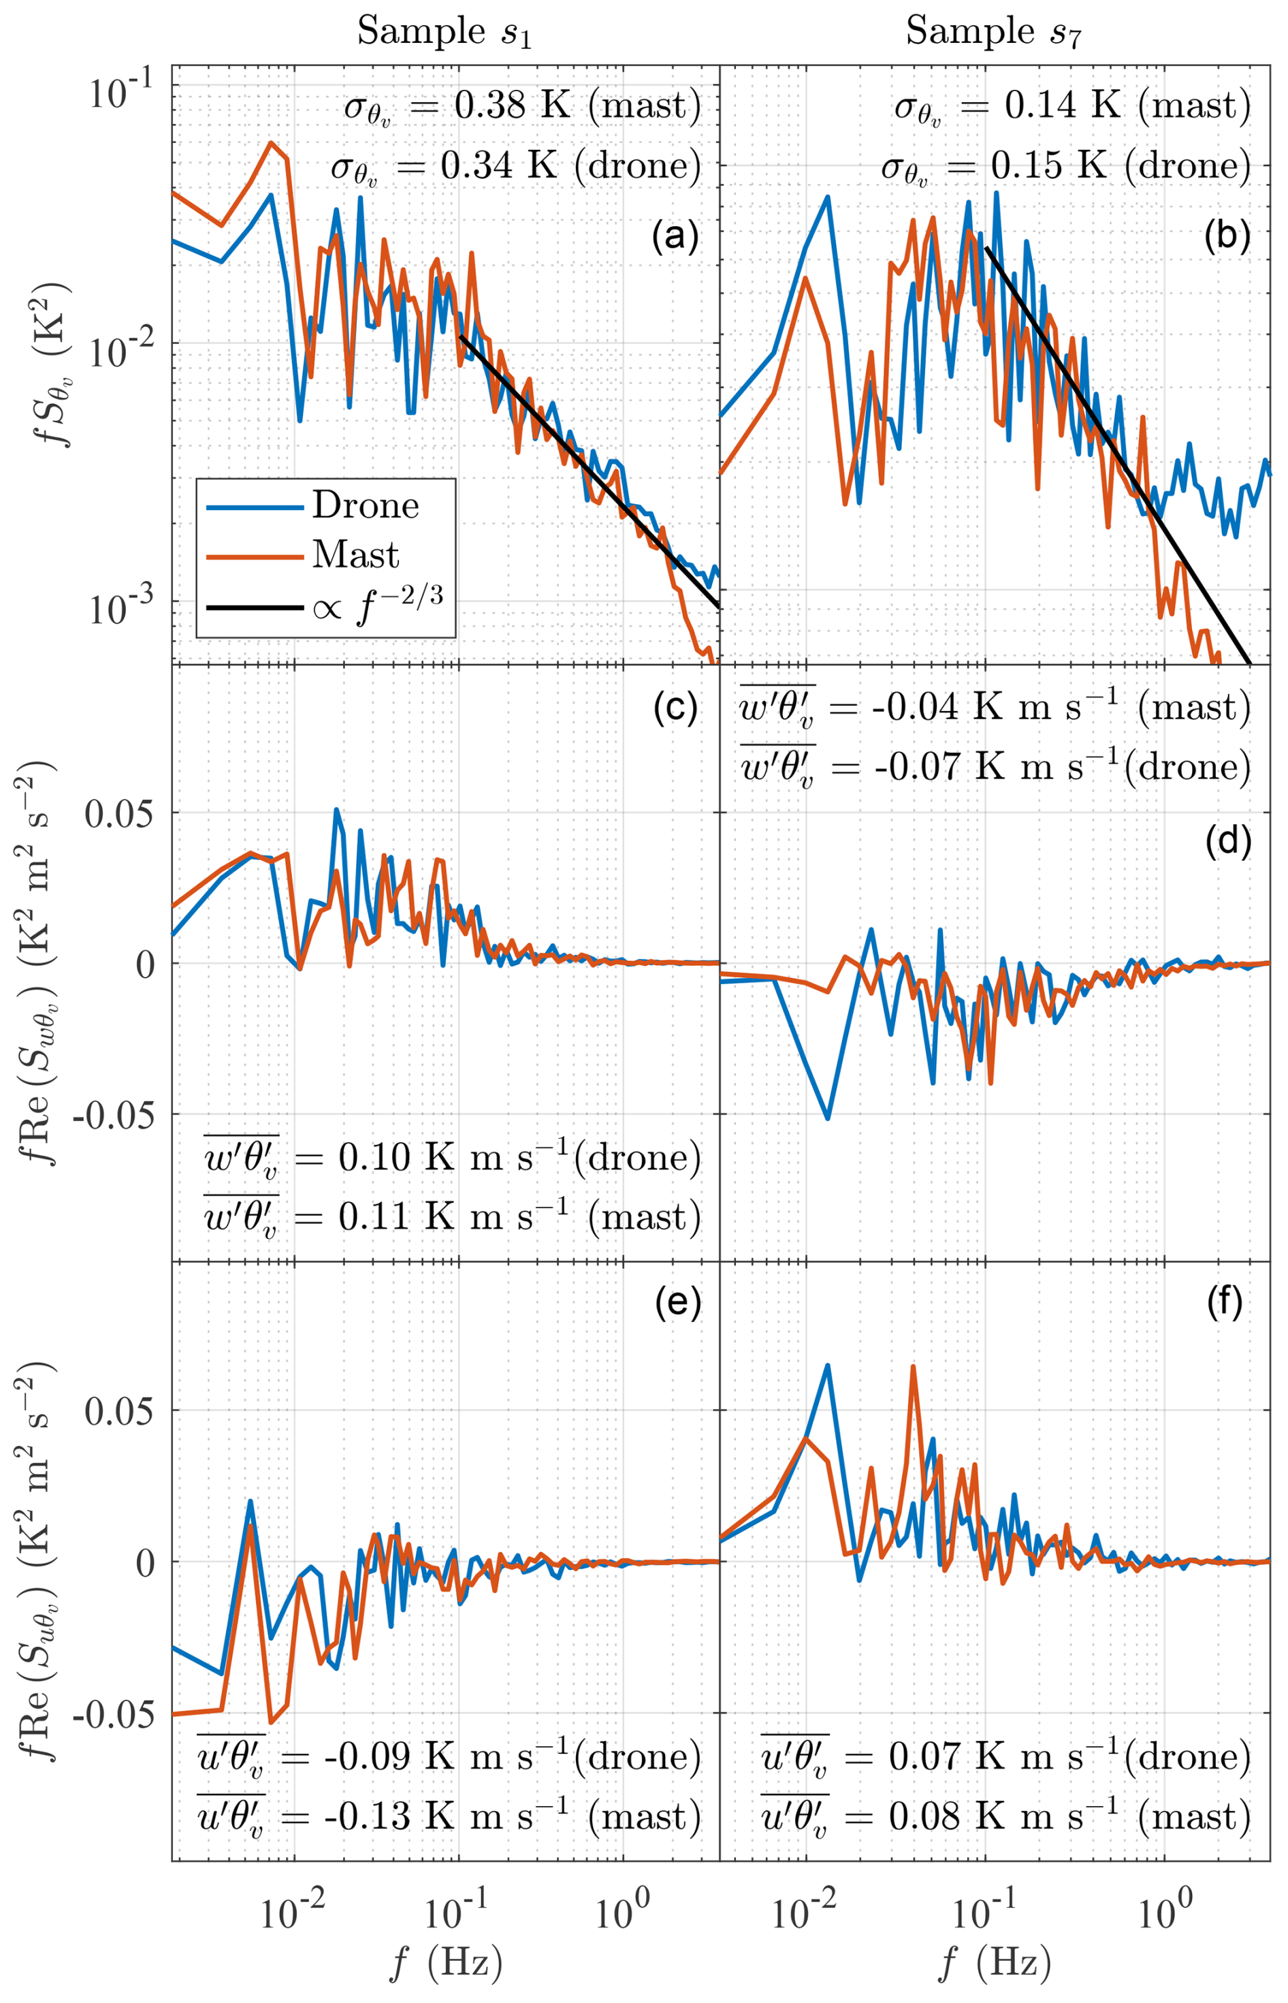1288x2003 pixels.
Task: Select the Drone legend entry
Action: click(x=366, y=505)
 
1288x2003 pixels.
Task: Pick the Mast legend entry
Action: click(x=355, y=554)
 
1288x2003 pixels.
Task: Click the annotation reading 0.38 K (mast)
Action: click(x=522, y=107)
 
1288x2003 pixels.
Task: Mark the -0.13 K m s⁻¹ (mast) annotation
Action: click(x=449, y=1816)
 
